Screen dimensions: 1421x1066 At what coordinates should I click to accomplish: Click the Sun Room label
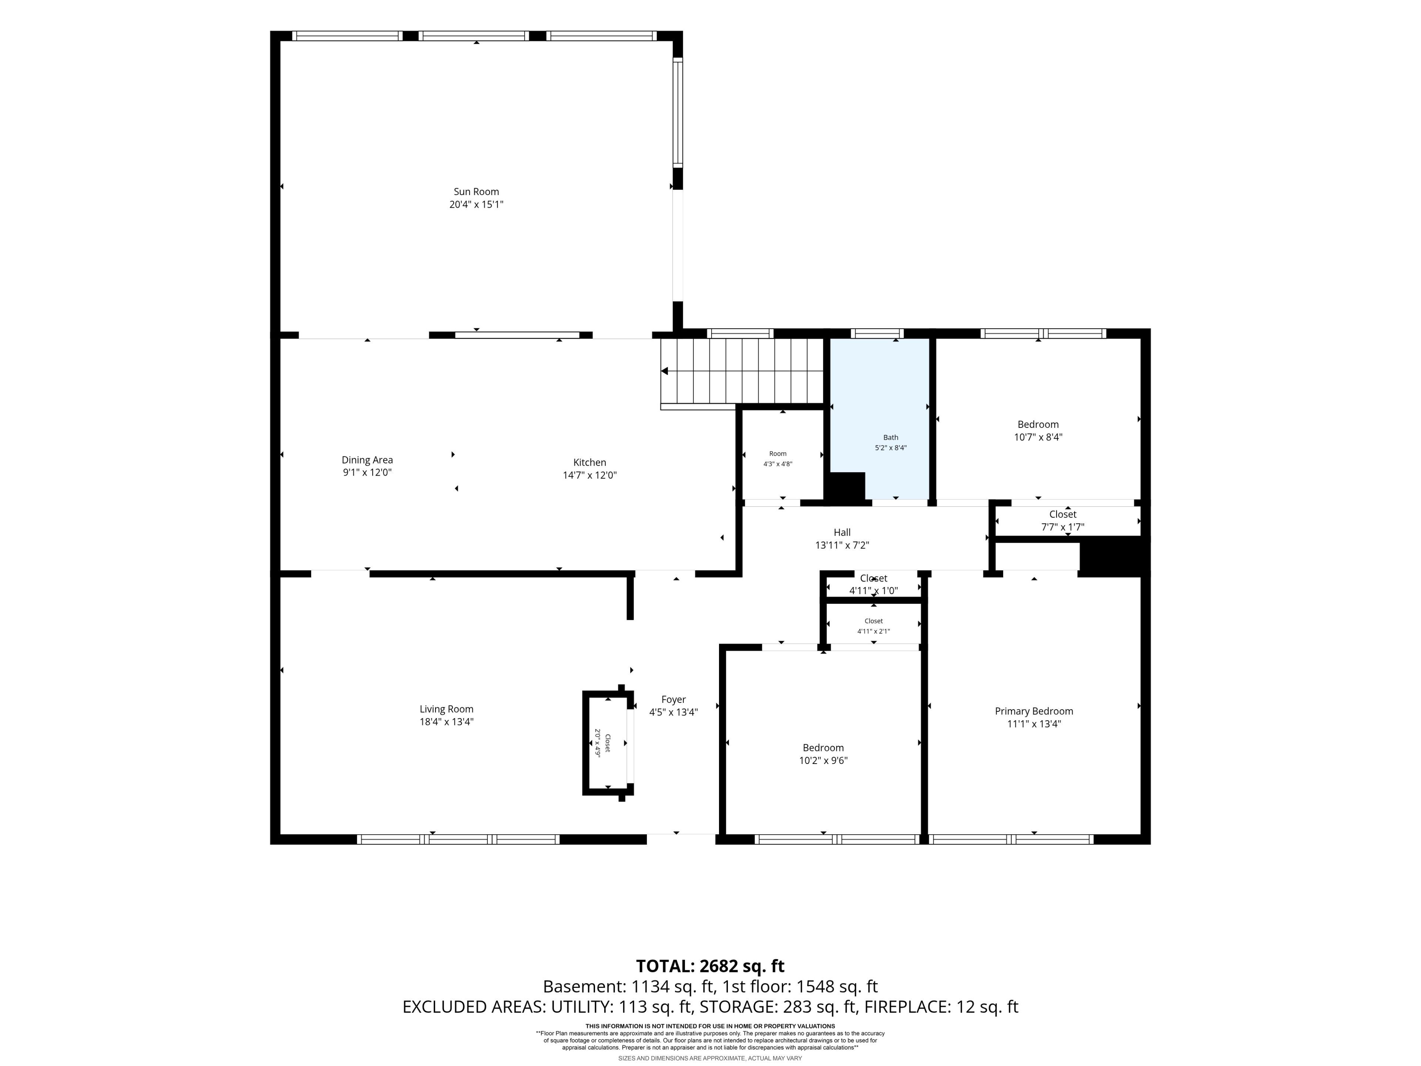click(x=476, y=191)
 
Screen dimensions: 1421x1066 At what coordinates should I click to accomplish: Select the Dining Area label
click(x=367, y=460)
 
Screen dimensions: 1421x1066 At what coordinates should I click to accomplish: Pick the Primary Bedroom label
click(x=1034, y=711)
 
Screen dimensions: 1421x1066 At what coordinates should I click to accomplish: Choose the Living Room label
click(x=447, y=710)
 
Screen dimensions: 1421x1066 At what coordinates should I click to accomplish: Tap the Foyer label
click(x=673, y=700)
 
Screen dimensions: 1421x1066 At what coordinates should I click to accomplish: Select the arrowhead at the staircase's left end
click(x=664, y=371)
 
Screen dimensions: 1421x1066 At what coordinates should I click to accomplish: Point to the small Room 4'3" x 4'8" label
click(x=778, y=454)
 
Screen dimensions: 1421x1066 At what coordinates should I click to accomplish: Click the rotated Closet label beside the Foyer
click(x=608, y=744)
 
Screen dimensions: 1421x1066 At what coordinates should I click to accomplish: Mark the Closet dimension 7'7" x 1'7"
click(x=1062, y=527)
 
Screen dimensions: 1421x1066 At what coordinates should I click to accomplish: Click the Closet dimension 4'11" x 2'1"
click(x=874, y=631)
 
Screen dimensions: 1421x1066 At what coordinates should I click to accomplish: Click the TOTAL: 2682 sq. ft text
click(x=710, y=966)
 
